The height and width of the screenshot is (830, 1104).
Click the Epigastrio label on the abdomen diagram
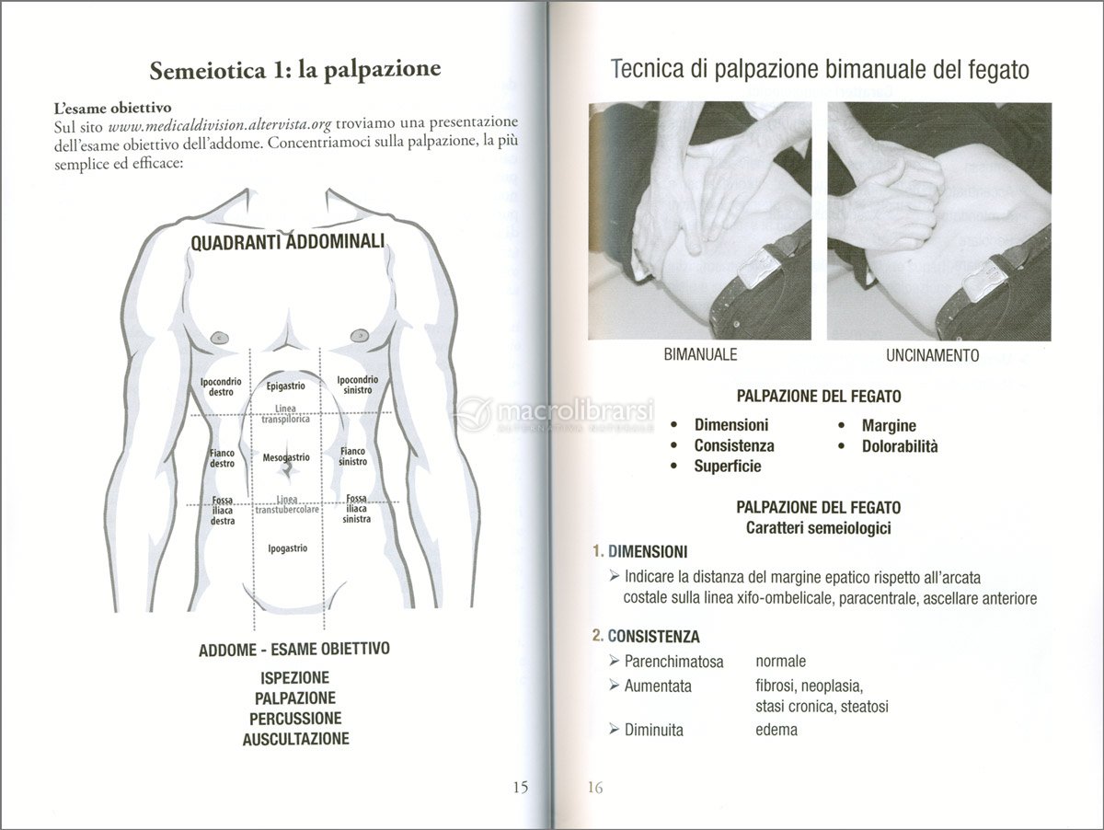[x=286, y=386]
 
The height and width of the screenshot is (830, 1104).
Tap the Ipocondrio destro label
[x=221, y=386]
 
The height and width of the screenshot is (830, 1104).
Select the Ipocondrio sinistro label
[x=357, y=385]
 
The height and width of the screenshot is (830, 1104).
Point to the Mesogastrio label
[x=286, y=457]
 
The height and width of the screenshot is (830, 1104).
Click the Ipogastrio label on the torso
[x=287, y=548]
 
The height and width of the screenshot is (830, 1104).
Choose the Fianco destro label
[x=222, y=458]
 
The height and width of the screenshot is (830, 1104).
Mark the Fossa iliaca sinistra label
[x=357, y=509]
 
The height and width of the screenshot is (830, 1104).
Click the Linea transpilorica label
[x=286, y=413]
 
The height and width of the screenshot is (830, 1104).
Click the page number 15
[x=520, y=787]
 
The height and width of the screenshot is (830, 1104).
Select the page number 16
[x=594, y=787]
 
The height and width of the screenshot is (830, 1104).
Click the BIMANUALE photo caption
[x=700, y=354]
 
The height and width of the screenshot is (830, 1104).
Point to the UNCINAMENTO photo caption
[x=933, y=355]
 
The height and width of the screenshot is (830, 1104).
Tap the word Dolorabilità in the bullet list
[x=900, y=446]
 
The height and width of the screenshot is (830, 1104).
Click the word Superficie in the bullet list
[x=728, y=467]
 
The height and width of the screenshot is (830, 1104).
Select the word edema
[x=776, y=730]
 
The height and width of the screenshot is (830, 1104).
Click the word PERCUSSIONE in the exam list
[x=295, y=719]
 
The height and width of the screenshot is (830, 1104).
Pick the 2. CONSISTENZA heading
[x=646, y=636]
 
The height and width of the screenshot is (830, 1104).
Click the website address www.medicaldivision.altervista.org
[x=220, y=122]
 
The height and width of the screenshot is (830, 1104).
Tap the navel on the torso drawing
[x=288, y=469]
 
